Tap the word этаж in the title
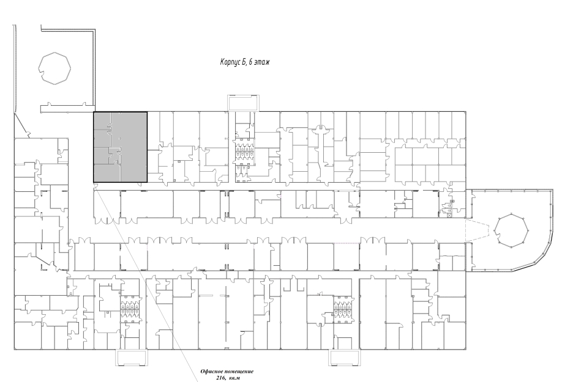click(262, 62)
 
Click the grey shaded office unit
click(121, 147)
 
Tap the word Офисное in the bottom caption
click(211, 372)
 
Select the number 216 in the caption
click(220, 378)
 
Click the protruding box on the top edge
click(243, 103)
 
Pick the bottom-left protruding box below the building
click(131, 358)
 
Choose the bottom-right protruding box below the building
click(345, 358)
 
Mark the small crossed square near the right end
click(449, 215)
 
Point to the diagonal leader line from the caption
click(146, 282)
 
